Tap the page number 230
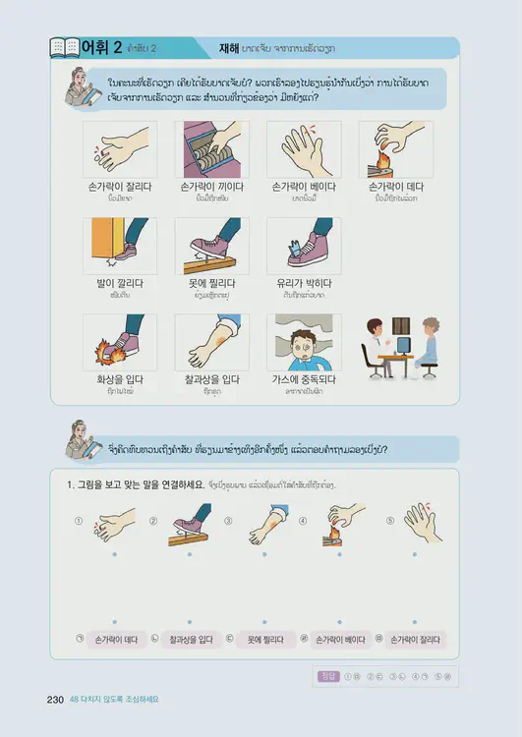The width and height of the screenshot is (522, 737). pos(55,700)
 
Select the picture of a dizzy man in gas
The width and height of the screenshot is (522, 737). pos(304,342)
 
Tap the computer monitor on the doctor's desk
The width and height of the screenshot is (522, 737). pos(403,344)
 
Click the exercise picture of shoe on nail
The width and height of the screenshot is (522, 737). pos(191,525)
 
